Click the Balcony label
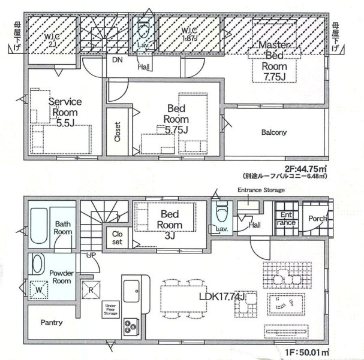274,132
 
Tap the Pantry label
52,322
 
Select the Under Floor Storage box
111,310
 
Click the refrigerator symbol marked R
91,290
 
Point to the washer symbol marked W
39,289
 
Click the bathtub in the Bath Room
39,226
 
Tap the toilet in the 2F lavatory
143,29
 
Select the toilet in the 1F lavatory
221,212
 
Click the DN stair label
118,60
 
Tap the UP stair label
91,255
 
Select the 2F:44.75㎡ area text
306,168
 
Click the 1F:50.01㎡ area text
307,353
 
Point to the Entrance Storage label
261,190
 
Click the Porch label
318,219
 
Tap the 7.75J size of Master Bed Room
275,77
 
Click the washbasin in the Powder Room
38,264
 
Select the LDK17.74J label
222,297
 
